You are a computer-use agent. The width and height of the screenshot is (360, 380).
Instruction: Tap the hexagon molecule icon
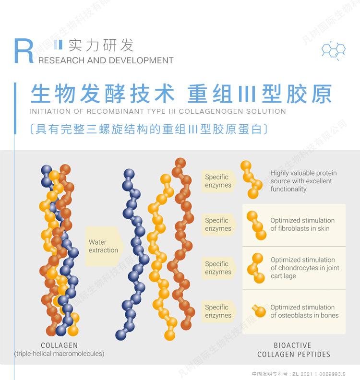pos(333,50)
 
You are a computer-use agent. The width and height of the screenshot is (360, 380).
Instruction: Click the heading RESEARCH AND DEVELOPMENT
pos(106,61)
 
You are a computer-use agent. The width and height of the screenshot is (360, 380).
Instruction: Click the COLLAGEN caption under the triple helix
pos(59,345)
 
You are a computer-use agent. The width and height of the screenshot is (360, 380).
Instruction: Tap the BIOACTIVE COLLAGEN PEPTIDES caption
pos(294,350)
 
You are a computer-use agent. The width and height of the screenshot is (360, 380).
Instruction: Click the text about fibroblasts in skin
pos(302,225)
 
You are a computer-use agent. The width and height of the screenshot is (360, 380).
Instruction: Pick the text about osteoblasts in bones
pos(304,311)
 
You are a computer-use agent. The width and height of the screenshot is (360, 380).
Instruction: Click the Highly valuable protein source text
pos(303,181)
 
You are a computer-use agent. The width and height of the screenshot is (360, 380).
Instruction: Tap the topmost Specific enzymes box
pos(219,181)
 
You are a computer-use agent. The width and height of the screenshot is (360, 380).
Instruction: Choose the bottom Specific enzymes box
pos(219,311)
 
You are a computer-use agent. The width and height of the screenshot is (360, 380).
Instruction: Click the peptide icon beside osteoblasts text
pos(259,311)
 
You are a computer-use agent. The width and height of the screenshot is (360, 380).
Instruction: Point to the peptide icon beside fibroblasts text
pos(256,225)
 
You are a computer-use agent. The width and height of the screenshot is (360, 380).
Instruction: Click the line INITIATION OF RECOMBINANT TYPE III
pos(157,112)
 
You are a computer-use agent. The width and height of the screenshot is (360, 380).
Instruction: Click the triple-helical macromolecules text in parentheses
pos(59,354)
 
